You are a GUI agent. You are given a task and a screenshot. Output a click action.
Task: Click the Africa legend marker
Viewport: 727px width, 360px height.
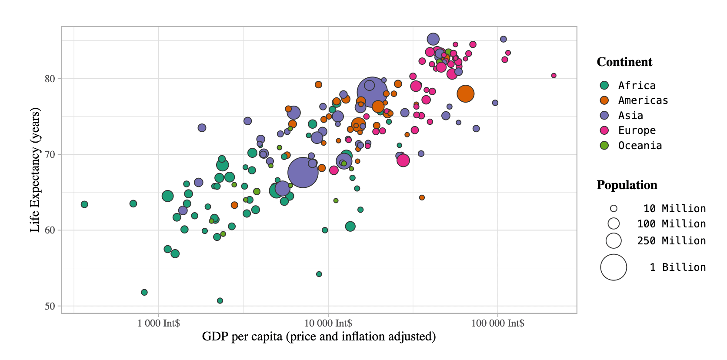[x=604, y=85]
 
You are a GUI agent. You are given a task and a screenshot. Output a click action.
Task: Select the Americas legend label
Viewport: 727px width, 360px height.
[x=643, y=100]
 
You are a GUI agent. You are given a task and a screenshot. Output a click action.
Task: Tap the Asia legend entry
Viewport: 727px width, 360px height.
[x=630, y=116]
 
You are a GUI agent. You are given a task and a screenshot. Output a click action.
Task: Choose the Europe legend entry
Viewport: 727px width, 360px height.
[x=637, y=130]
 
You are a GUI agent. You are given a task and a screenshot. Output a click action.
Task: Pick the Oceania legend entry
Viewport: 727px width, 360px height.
[x=640, y=146]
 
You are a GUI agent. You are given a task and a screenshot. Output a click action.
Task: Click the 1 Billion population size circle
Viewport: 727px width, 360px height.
[x=614, y=267]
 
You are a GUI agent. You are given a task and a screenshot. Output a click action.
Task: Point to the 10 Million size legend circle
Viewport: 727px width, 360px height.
[x=614, y=209]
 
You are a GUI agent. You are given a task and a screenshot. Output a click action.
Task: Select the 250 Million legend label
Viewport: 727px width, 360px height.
[x=671, y=241]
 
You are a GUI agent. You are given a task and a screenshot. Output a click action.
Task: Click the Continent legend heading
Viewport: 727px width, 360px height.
[x=624, y=62]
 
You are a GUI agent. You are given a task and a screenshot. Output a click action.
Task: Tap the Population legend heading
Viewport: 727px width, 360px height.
[x=627, y=185]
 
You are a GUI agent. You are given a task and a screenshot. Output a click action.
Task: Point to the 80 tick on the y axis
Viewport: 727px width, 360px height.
[x=50, y=79]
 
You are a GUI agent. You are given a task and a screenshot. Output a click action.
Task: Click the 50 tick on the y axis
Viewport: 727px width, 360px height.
[x=50, y=306]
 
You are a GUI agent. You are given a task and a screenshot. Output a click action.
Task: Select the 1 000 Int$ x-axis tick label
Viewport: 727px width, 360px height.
[x=159, y=323]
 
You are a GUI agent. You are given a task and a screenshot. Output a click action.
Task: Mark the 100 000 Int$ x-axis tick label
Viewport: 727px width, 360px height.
[x=497, y=323]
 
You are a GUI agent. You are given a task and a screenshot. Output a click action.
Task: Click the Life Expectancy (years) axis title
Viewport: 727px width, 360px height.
[x=35, y=170]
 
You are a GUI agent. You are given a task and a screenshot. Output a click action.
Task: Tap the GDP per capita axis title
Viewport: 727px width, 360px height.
[x=319, y=337]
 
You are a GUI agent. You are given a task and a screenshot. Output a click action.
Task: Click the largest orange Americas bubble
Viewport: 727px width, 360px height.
[x=465, y=93]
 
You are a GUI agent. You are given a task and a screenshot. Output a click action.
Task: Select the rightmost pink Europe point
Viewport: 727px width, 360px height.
[x=554, y=76]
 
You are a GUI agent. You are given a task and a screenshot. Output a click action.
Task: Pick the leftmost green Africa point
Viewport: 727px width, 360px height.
[x=84, y=204]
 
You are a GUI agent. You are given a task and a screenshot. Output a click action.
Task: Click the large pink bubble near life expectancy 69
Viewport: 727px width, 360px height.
[x=403, y=160]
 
